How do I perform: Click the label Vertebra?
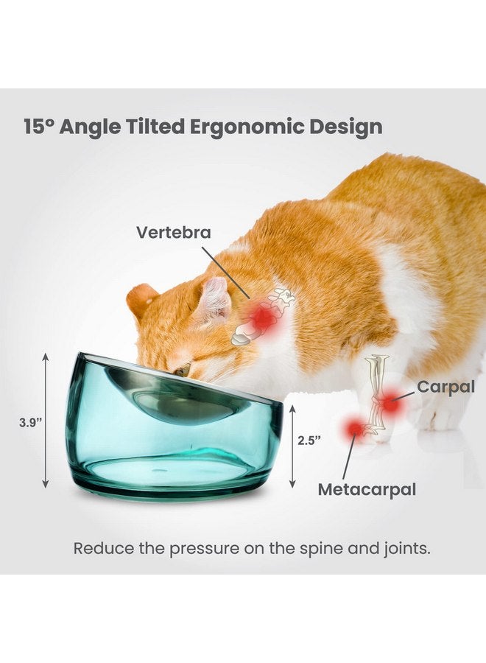(173, 233)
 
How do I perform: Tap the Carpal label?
(446, 387)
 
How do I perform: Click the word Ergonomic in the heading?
(233, 127)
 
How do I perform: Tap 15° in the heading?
(40, 127)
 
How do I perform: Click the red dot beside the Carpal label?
(390, 403)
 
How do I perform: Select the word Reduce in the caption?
(99, 549)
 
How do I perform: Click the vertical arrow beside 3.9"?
(46, 420)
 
